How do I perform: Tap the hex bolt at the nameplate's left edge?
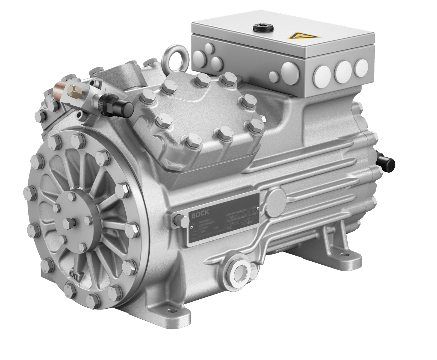click(179, 220)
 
